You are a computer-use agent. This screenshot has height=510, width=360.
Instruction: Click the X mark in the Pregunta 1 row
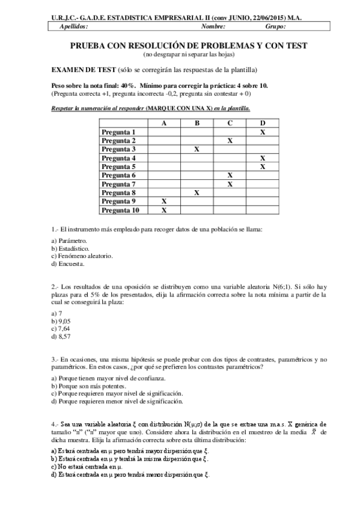[263, 132]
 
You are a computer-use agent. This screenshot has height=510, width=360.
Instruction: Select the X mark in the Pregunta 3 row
[197, 149]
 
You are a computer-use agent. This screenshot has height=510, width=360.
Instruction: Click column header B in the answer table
[197, 123]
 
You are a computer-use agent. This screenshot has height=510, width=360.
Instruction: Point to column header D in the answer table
[263, 123]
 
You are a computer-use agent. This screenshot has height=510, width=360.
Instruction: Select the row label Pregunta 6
[119, 175]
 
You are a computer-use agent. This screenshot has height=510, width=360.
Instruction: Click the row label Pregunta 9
[119, 201]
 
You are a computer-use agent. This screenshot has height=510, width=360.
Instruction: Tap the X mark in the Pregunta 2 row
[230, 140]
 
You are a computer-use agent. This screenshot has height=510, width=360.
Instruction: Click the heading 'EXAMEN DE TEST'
[85, 70]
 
